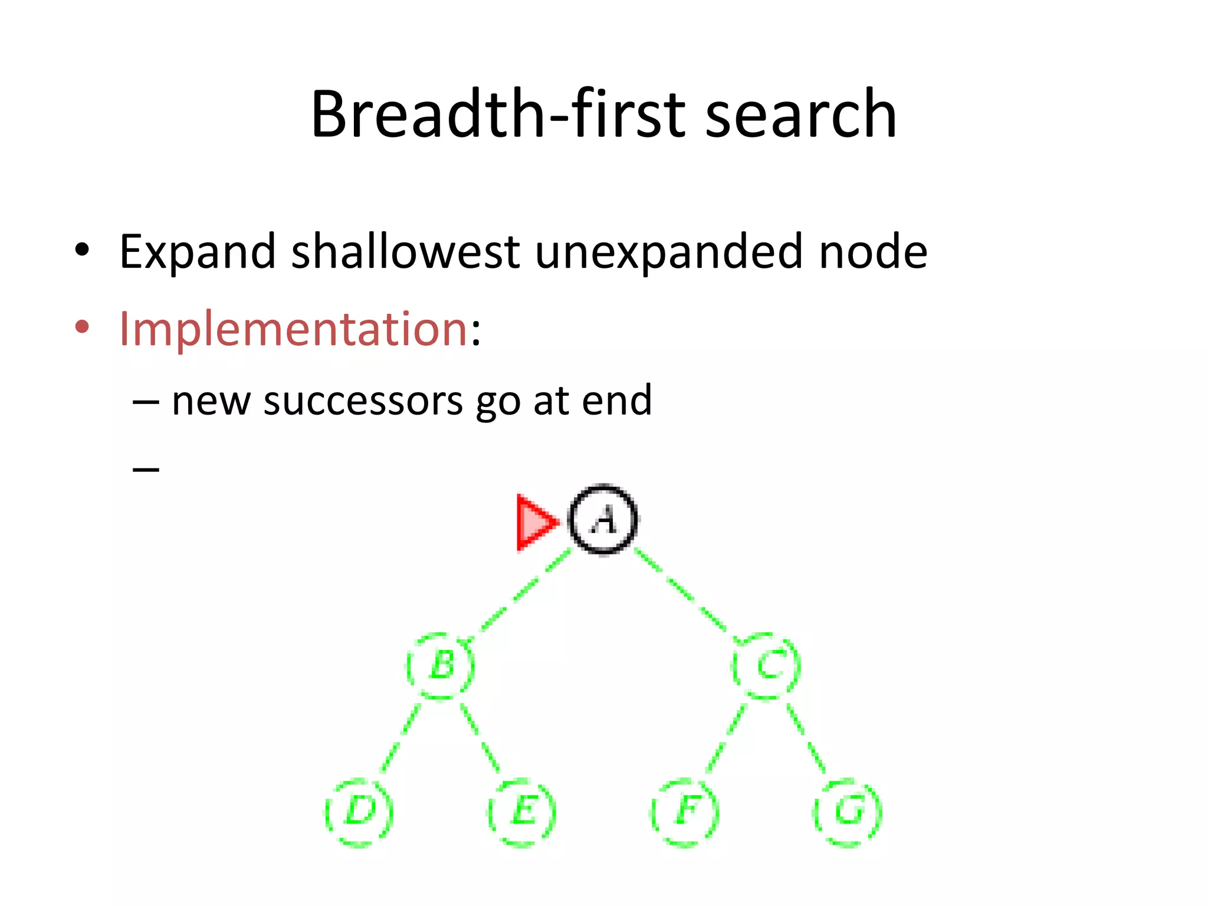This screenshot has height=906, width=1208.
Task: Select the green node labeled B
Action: (x=441, y=666)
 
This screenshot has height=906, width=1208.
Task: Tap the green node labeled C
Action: (x=766, y=666)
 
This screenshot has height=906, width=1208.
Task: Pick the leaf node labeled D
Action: (x=359, y=812)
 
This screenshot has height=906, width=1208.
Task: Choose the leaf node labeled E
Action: (x=522, y=812)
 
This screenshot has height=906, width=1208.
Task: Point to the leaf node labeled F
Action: (x=685, y=812)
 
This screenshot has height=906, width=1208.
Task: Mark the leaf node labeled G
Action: (x=848, y=812)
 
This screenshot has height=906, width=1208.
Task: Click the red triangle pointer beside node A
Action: (x=534, y=522)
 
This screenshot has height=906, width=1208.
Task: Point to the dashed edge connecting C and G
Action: (x=806, y=737)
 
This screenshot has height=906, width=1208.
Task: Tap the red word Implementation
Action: (x=293, y=329)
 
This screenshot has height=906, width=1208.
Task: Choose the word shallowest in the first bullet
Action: (x=405, y=252)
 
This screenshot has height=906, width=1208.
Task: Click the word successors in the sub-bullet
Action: (x=363, y=401)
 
